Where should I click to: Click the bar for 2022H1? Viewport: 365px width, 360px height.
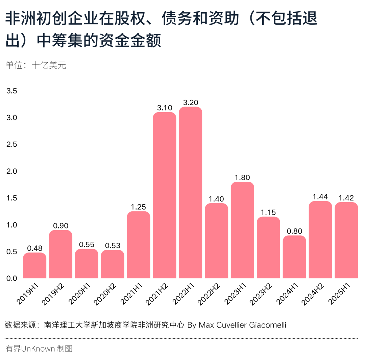click(191, 193)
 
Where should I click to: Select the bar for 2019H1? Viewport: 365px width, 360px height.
click(34, 265)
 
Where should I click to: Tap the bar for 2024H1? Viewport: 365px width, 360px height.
click(294, 257)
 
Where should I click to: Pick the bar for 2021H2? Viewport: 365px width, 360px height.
click(165, 195)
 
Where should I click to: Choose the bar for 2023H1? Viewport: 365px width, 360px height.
click(242, 230)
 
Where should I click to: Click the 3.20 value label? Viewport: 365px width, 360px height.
click(191, 102)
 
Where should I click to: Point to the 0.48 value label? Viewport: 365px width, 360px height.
click(34, 248)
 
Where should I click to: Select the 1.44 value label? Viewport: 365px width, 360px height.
click(320, 197)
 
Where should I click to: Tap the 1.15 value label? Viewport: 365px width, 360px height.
click(268, 212)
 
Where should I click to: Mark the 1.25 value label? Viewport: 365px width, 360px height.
click(139, 207)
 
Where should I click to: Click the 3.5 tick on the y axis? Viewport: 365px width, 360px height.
click(11, 91)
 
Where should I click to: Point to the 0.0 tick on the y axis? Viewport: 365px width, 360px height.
click(11, 279)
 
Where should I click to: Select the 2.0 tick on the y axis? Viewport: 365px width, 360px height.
click(11, 171)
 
